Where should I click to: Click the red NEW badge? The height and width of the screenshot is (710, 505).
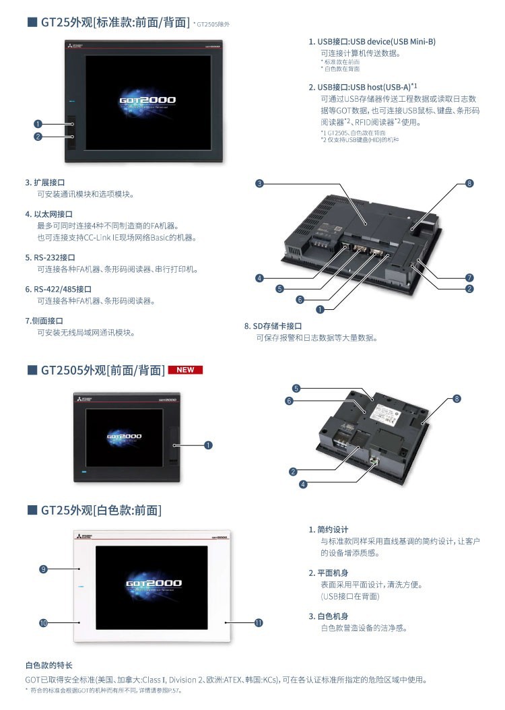pyautogui.click(x=185, y=370)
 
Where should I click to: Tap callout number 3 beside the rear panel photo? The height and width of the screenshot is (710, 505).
pyautogui.click(x=259, y=183)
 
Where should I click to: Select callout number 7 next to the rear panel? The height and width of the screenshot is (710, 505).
pyautogui.click(x=469, y=278)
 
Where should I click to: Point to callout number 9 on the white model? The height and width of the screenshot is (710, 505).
pyautogui.click(x=43, y=569)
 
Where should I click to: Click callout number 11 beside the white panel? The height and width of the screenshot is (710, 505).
pyautogui.click(x=259, y=623)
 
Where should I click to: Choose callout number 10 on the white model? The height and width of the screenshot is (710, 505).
pyautogui.click(x=43, y=624)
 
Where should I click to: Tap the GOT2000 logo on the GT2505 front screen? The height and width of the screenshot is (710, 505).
pyautogui.click(x=125, y=437)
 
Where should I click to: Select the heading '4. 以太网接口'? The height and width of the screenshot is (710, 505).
pyautogui.click(x=49, y=214)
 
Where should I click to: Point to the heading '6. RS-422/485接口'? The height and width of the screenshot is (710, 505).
pyautogui.click(x=59, y=289)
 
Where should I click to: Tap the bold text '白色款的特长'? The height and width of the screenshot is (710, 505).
pyautogui.click(x=48, y=665)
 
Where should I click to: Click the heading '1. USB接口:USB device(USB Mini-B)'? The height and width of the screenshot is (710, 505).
pyautogui.click(x=372, y=42)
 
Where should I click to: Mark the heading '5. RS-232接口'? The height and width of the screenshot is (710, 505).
pyautogui.click(x=50, y=257)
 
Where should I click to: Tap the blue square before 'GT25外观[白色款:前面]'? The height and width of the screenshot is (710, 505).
pyautogui.click(x=32, y=510)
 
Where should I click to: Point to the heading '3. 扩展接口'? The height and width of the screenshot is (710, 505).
pyautogui.click(x=45, y=182)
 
